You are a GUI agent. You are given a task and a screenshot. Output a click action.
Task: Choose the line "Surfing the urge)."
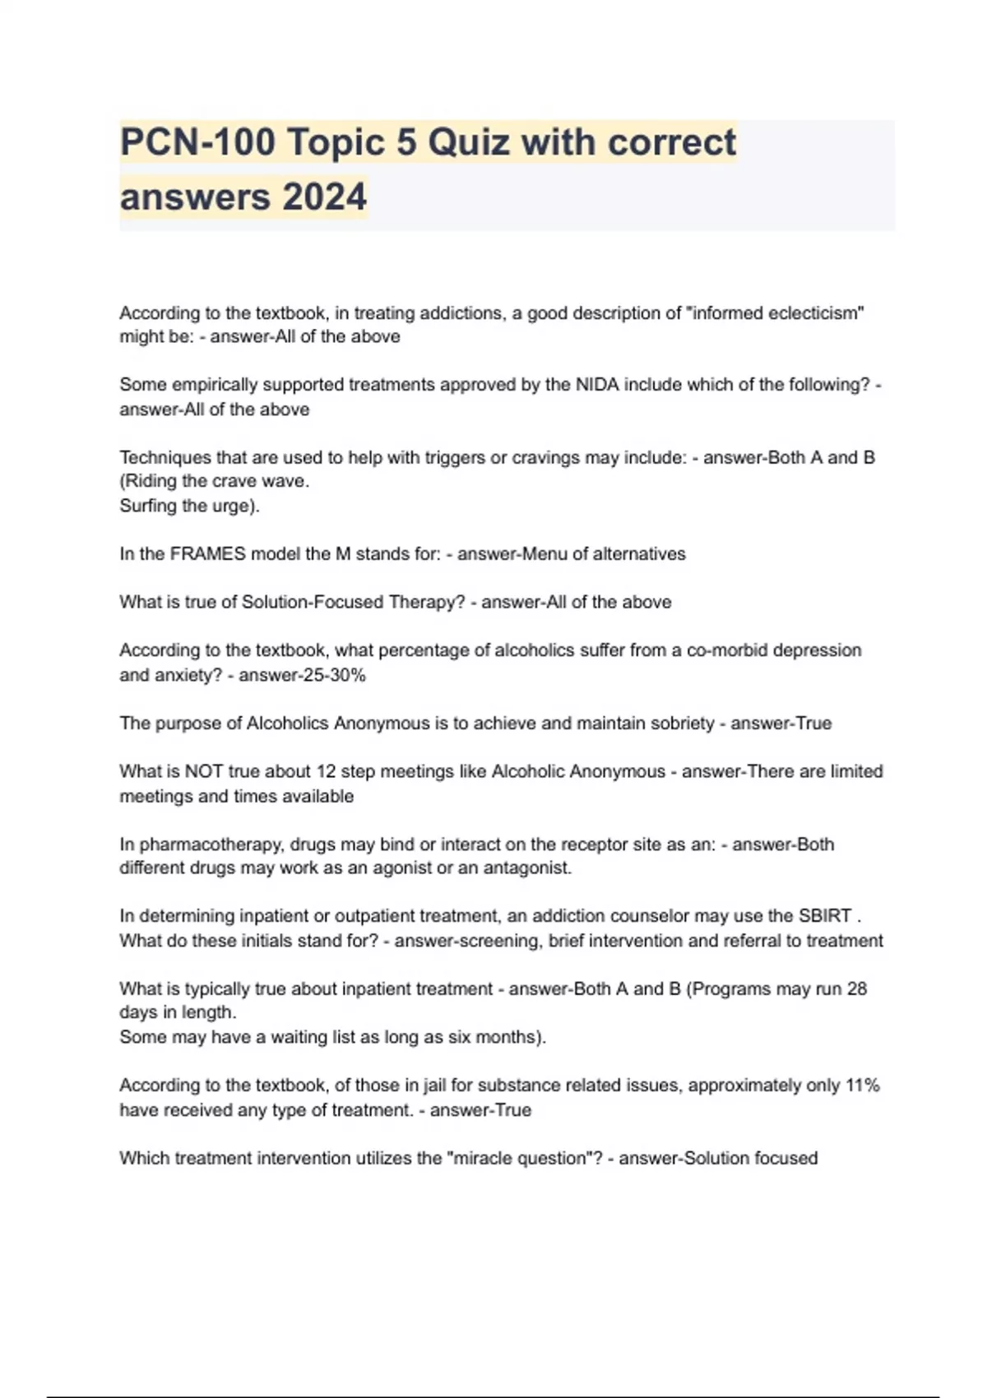coord(189,506)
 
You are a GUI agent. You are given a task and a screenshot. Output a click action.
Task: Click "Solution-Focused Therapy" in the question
coord(354,602)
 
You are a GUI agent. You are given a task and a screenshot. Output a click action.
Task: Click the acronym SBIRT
coord(824,916)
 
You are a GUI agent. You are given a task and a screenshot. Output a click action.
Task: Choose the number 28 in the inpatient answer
coord(856,989)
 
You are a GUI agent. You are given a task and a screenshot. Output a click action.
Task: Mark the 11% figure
coord(863,1086)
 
